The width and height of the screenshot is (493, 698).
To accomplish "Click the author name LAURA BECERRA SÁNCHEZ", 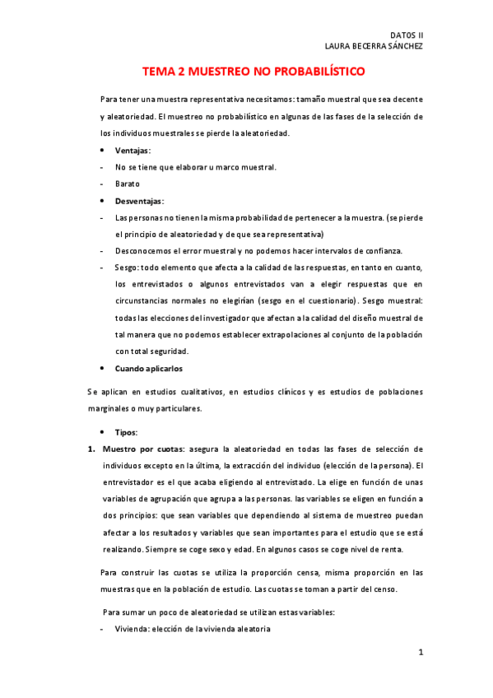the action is (x=374, y=46).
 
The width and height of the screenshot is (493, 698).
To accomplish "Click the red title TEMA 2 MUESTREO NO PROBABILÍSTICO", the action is (x=253, y=72).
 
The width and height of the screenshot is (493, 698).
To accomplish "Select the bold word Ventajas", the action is (x=133, y=151).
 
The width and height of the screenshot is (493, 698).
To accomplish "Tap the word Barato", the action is (x=128, y=184).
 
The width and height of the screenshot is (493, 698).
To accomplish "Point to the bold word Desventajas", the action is (x=139, y=201).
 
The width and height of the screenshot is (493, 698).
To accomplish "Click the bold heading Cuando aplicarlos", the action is (x=149, y=368).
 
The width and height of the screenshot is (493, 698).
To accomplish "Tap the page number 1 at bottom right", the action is (x=420, y=653).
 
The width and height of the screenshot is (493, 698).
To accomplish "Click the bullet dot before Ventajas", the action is (x=102, y=151).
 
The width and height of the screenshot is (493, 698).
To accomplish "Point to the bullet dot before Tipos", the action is (x=102, y=432).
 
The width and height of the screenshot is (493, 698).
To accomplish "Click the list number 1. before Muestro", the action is (x=91, y=449).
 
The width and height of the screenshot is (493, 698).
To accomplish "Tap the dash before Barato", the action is (x=100, y=184).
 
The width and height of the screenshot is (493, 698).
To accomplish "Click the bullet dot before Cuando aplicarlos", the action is (x=102, y=368).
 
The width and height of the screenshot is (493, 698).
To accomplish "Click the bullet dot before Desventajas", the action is (x=102, y=201).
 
